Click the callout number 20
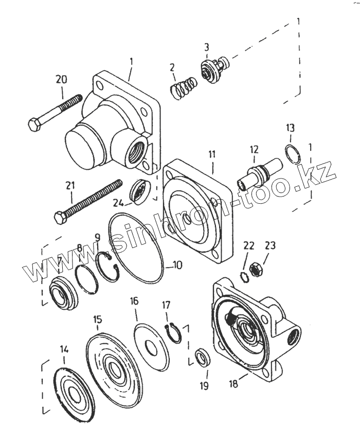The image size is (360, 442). click(x=61, y=80)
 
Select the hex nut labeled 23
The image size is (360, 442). click(x=256, y=268)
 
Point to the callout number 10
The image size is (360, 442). click(x=176, y=266)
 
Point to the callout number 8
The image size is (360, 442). click(x=80, y=247)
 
